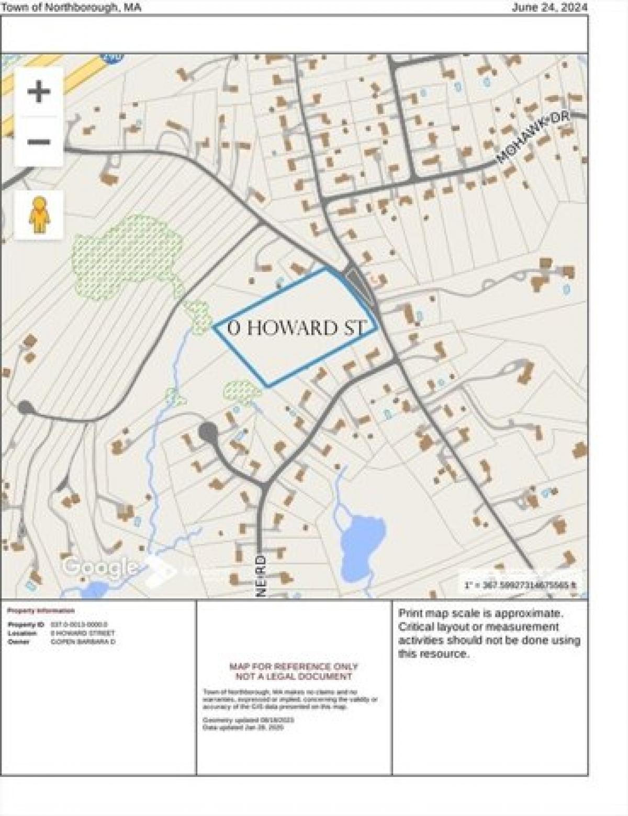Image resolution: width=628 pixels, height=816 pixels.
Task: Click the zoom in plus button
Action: tap(39, 92)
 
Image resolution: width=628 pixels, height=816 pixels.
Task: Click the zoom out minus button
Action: tap(39, 142)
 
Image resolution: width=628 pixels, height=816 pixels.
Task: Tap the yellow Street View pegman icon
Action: tap(39, 214)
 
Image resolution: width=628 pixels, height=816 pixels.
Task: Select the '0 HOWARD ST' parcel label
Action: tap(297, 328)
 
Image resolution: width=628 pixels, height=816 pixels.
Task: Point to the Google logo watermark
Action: tap(99, 566)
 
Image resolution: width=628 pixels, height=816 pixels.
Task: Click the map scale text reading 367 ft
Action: tap(520, 585)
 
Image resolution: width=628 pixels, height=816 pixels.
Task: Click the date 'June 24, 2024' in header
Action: tap(549, 7)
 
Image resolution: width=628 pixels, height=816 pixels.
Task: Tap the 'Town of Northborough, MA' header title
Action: tap(71, 7)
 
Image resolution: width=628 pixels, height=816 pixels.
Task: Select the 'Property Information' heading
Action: tap(41, 610)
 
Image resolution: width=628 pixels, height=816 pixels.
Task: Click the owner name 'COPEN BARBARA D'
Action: tap(83, 641)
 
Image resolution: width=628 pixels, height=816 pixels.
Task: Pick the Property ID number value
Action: tap(79, 625)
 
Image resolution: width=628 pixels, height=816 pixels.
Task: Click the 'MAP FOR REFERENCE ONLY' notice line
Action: tap(294, 666)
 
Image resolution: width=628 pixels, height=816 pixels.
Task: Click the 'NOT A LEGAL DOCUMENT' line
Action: tap(294, 676)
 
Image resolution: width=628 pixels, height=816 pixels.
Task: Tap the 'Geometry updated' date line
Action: tap(248, 720)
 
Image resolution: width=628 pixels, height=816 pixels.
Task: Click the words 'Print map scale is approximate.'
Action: tap(480, 613)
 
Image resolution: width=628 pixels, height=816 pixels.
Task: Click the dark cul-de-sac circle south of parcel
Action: tap(208, 432)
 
